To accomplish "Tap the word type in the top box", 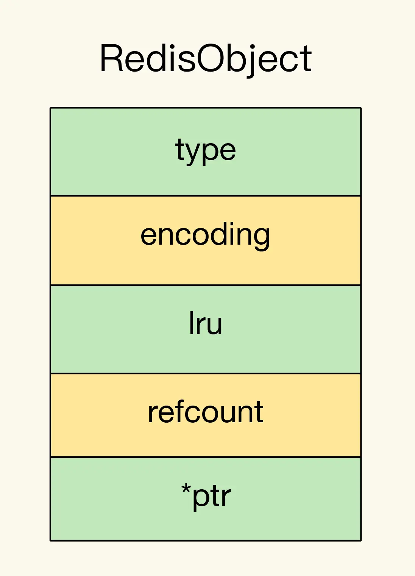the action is [x=206, y=151].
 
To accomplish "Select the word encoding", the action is [x=205, y=236].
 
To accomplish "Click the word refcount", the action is [x=206, y=411].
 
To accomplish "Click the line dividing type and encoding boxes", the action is [x=206, y=196].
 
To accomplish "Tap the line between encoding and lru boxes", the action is [x=206, y=285].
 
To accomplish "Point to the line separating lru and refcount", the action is [x=206, y=373].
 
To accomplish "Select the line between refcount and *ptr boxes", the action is [x=206, y=457].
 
